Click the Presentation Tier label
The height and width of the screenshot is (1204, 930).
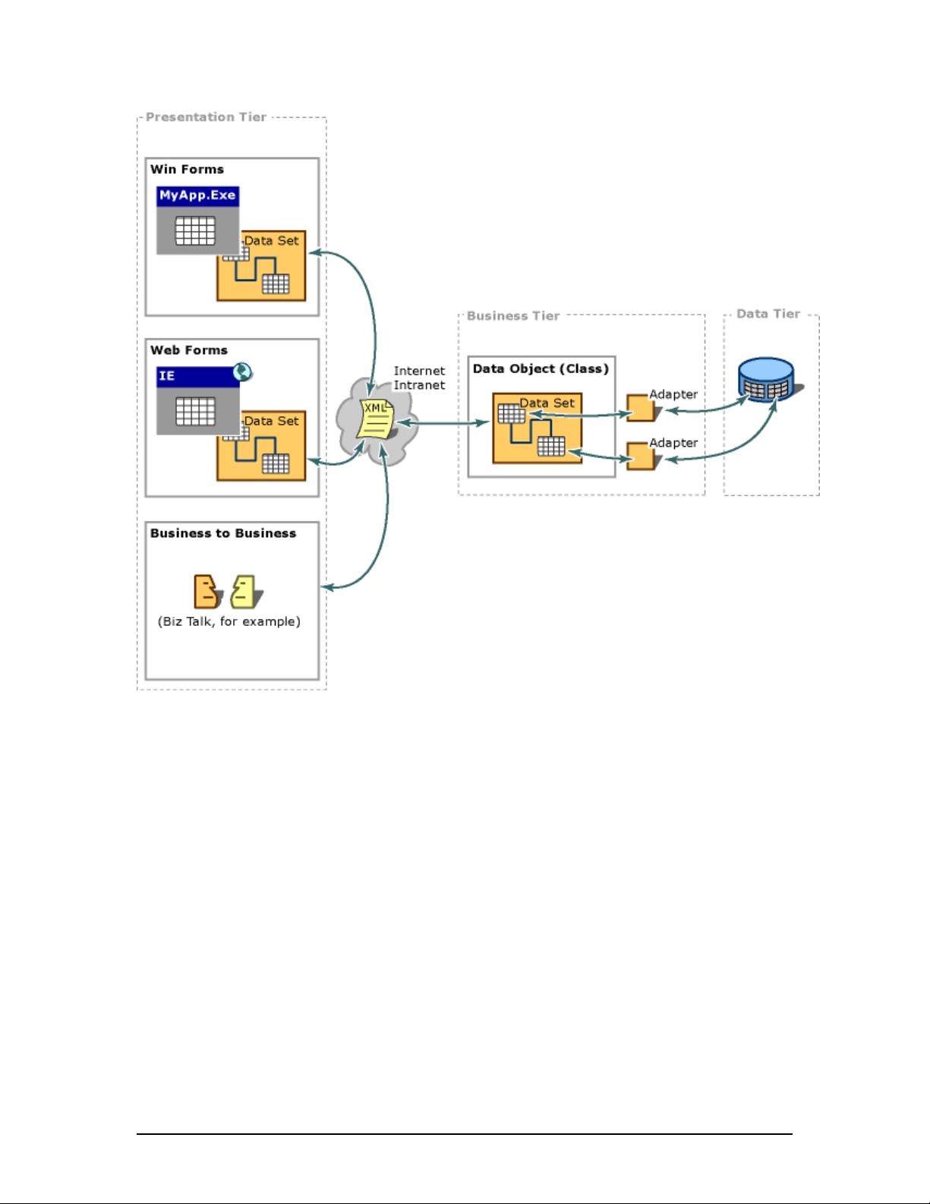[x=206, y=117]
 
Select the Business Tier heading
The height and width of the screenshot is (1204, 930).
[x=513, y=316]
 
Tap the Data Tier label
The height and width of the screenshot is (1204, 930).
[x=768, y=314]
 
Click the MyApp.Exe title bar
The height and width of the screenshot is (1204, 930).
[x=197, y=196]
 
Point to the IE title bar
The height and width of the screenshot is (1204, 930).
[x=197, y=377]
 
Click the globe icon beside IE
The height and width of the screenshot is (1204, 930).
[x=242, y=371]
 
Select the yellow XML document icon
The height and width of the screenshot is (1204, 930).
[x=376, y=419]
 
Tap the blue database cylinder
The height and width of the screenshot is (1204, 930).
[x=767, y=380]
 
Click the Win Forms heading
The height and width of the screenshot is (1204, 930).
[x=187, y=169]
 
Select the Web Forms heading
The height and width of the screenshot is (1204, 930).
[x=189, y=350]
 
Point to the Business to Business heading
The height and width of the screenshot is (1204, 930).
[x=223, y=533]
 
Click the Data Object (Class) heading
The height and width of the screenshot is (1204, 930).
[x=541, y=369]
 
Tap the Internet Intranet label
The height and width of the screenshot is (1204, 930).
[x=419, y=378]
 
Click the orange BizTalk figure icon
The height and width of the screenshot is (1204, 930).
[x=206, y=591]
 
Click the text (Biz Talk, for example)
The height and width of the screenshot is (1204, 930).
[x=229, y=621]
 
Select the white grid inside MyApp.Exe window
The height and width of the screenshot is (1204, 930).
[x=195, y=230]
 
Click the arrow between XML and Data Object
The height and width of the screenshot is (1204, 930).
[x=443, y=423]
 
